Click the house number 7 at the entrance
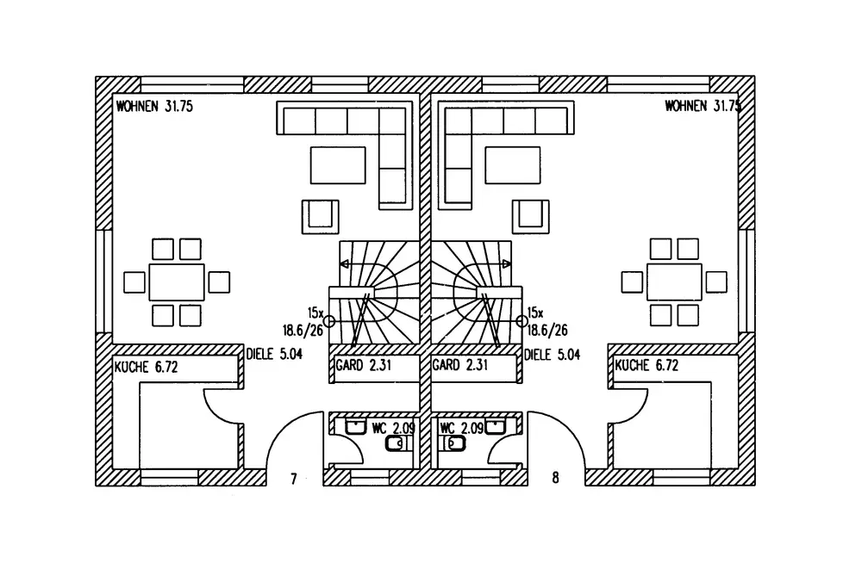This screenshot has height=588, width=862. (x=294, y=480)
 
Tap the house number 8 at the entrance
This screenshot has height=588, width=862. (x=555, y=478)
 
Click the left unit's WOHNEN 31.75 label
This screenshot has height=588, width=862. (x=154, y=106)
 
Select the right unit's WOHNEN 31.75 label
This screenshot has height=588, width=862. (x=703, y=105)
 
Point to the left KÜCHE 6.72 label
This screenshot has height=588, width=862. (x=146, y=366)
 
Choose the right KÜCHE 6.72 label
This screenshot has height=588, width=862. (x=646, y=364)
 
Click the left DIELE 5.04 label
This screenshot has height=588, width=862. (x=274, y=354)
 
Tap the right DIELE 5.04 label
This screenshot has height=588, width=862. (x=552, y=355)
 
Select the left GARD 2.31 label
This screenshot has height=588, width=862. (x=364, y=364)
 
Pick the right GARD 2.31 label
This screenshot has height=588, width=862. (x=460, y=364)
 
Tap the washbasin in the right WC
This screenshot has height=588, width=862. (x=496, y=427)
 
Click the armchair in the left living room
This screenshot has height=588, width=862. (x=320, y=216)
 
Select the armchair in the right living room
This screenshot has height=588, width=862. (x=530, y=216)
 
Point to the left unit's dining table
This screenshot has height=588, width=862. (x=177, y=282)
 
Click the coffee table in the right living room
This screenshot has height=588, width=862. (x=512, y=164)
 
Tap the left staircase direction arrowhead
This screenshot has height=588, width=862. (x=344, y=264)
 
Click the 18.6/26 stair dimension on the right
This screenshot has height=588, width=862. (x=547, y=330)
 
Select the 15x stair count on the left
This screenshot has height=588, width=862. (x=315, y=313)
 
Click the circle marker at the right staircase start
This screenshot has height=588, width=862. (x=522, y=320)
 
